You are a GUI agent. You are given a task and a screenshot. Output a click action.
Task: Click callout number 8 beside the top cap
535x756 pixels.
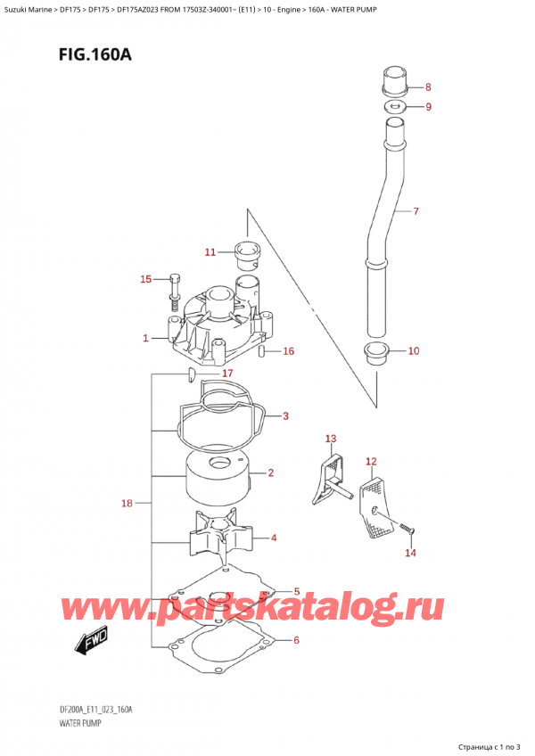pyautogui.click(x=428, y=87)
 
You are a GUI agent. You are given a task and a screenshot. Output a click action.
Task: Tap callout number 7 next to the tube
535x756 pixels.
pyautogui.click(x=415, y=211)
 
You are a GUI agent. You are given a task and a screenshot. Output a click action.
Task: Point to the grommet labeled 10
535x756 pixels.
pyautogui.click(x=376, y=352)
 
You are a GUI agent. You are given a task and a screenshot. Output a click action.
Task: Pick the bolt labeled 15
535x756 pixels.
pyautogui.click(x=174, y=286)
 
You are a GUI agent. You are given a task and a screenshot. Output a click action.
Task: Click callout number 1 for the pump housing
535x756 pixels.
pyautogui.click(x=144, y=339)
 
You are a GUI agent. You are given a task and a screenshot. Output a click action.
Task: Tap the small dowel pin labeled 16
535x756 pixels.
pyautogui.click(x=261, y=351)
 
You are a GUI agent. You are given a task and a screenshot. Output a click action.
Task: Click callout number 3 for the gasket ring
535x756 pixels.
pyautogui.click(x=285, y=415)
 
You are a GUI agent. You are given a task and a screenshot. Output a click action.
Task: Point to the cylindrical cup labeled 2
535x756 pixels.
pyautogui.click(x=217, y=478)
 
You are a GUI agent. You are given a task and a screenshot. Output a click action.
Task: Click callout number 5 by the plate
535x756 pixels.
pyautogui.click(x=297, y=591)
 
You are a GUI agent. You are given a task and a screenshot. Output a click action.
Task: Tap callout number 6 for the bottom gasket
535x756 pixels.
pyautogui.click(x=297, y=640)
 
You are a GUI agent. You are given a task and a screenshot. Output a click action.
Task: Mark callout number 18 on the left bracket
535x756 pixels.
pyautogui.click(x=127, y=504)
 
